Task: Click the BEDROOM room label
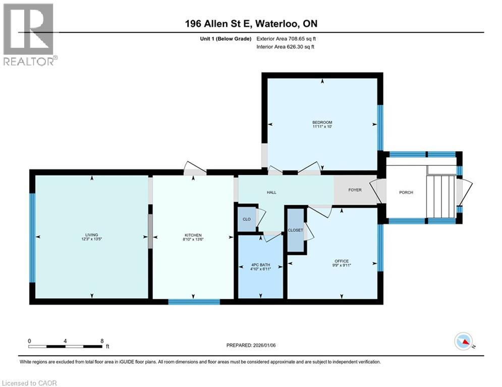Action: tap(322, 122)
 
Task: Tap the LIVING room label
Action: tap(91, 235)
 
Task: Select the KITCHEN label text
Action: tap(193, 235)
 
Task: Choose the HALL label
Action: tap(271, 192)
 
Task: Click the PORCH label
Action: tap(406, 192)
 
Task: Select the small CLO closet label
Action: tap(247, 219)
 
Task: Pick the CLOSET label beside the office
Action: tap(295, 230)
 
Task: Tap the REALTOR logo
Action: tap(29, 34)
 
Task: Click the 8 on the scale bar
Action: tap(102, 341)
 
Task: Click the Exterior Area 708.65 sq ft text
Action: tap(286, 38)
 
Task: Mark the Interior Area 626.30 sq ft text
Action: tap(286, 47)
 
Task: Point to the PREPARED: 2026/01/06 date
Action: tap(252, 345)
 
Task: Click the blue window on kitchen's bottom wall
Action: tap(194, 302)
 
